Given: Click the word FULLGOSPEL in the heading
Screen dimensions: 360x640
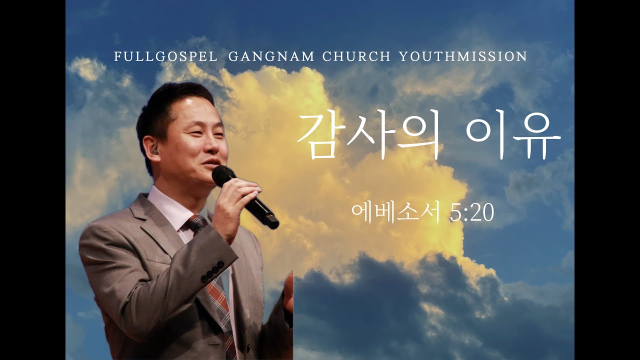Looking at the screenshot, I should point(165,56).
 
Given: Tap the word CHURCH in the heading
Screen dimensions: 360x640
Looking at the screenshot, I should point(356,56).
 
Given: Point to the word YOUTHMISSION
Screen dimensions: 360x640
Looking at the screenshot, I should point(463,56).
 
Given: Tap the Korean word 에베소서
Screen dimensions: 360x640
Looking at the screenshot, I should point(395,213).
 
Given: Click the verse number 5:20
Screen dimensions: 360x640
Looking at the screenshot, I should point(471,213).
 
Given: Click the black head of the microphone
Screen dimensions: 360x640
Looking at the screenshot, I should point(223,175).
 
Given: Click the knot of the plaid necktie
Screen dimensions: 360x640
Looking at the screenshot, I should point(196,223).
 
